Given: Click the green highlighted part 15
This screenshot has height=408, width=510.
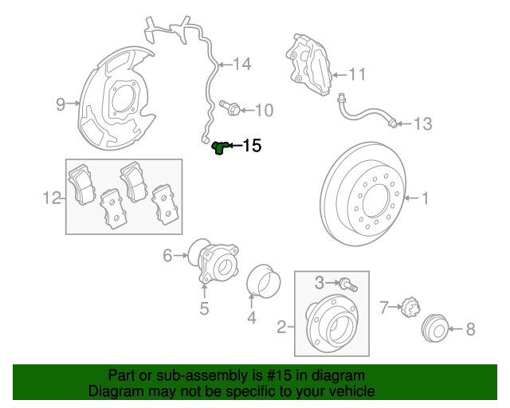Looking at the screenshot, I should [x=220, y=146].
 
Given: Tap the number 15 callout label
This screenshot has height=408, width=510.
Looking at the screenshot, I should [x=251, y=146].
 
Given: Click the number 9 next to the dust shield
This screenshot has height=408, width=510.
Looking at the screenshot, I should [x=61, y=103].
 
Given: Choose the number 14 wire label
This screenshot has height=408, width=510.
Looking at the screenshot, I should [x=241, y=64].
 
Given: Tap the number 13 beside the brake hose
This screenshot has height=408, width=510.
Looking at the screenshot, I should [x=422, y=124].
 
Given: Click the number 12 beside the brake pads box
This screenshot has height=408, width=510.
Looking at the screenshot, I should [x=52, y=197].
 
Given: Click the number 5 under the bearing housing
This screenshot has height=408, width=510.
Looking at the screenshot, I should [x=204, y=308].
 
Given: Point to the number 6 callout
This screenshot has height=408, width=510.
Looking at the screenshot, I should [x=168, y=255].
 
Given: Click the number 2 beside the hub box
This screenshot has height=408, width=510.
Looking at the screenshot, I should [x=281, y=325].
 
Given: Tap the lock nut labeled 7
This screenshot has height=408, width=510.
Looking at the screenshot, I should [x=410, y=306].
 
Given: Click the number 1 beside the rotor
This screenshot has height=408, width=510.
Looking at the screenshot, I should [x=425, y=197].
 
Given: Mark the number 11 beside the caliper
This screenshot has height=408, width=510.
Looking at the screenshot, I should [x=356, y=75].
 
